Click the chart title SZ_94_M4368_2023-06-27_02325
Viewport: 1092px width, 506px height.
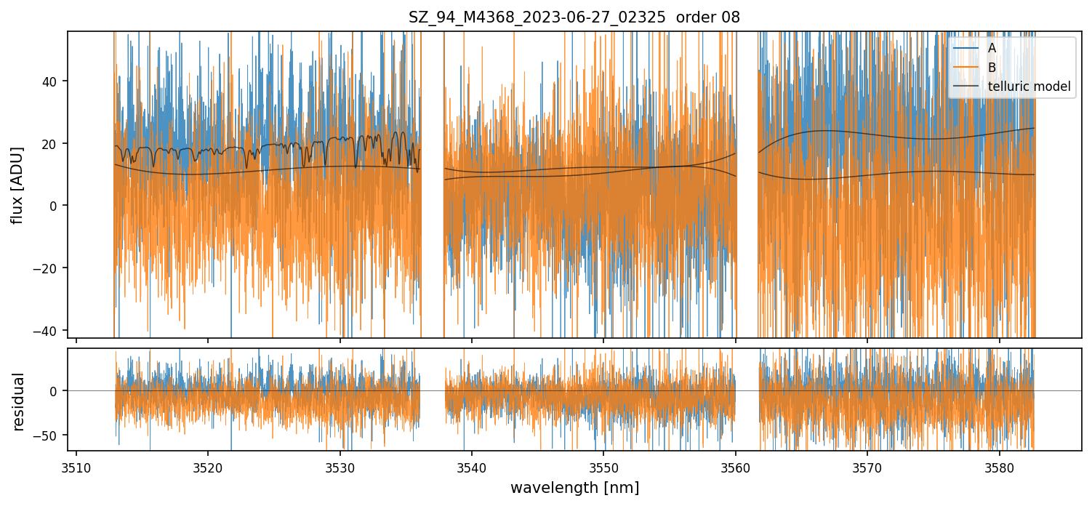point(574,17)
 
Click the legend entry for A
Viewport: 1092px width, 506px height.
point(992,48)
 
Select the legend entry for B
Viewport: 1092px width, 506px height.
point(992,68)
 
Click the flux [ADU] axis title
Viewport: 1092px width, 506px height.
point(18,185)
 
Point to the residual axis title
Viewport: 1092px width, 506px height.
point(18,401)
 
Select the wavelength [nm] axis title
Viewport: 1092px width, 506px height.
point(574,487)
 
